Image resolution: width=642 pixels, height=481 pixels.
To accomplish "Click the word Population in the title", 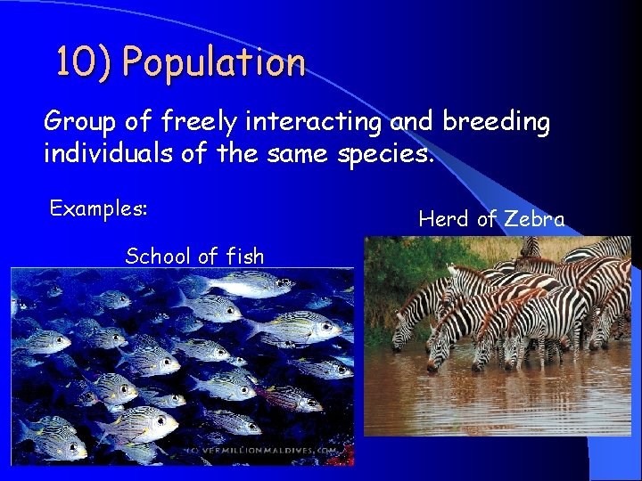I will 214,63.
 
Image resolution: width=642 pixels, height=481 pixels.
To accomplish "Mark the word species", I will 385,156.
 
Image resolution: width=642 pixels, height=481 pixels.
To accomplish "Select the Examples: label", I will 98,208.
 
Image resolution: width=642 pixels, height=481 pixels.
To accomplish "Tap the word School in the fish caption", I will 156,257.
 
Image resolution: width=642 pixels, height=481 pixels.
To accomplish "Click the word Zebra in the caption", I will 533,219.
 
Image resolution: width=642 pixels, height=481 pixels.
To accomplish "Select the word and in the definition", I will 408,122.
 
